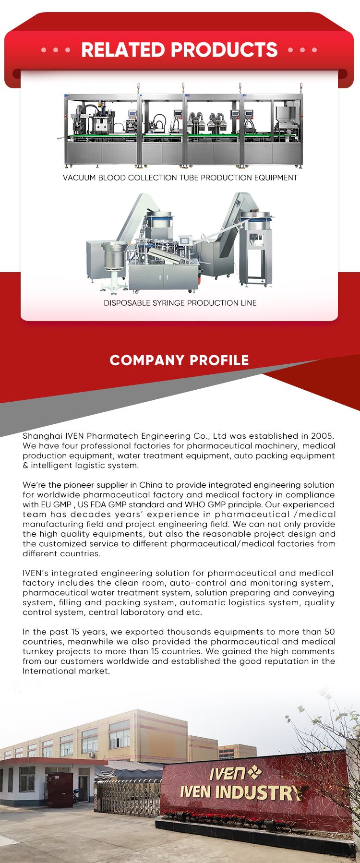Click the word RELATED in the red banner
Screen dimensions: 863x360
pyautogui.click(x=123, y=50)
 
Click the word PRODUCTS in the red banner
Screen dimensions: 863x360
pyautogui.click(x=224, y=50)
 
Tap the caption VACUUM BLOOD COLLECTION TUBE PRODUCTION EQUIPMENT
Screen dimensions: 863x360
pyautogui.click(x=180, y=178)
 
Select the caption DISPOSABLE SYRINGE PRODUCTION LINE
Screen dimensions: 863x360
pyautogui.click(x=180, y=303)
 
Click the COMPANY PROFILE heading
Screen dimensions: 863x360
pyautogui.click(x=179, y=360)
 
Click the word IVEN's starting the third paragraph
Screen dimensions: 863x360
pyautogui.click(x=36, y=573)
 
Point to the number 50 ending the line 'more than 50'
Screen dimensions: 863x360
pyautogui.click(x=329, y=632)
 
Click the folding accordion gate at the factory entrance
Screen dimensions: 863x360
pyautogui.click(x=127, y=796)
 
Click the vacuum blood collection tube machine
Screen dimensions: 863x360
pyautogui.click(x=183, y=130)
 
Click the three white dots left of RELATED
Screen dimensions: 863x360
pyautogui.click(x=56, y=50)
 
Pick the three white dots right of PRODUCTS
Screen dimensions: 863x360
pyautogui.click(x=302, y=50)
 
